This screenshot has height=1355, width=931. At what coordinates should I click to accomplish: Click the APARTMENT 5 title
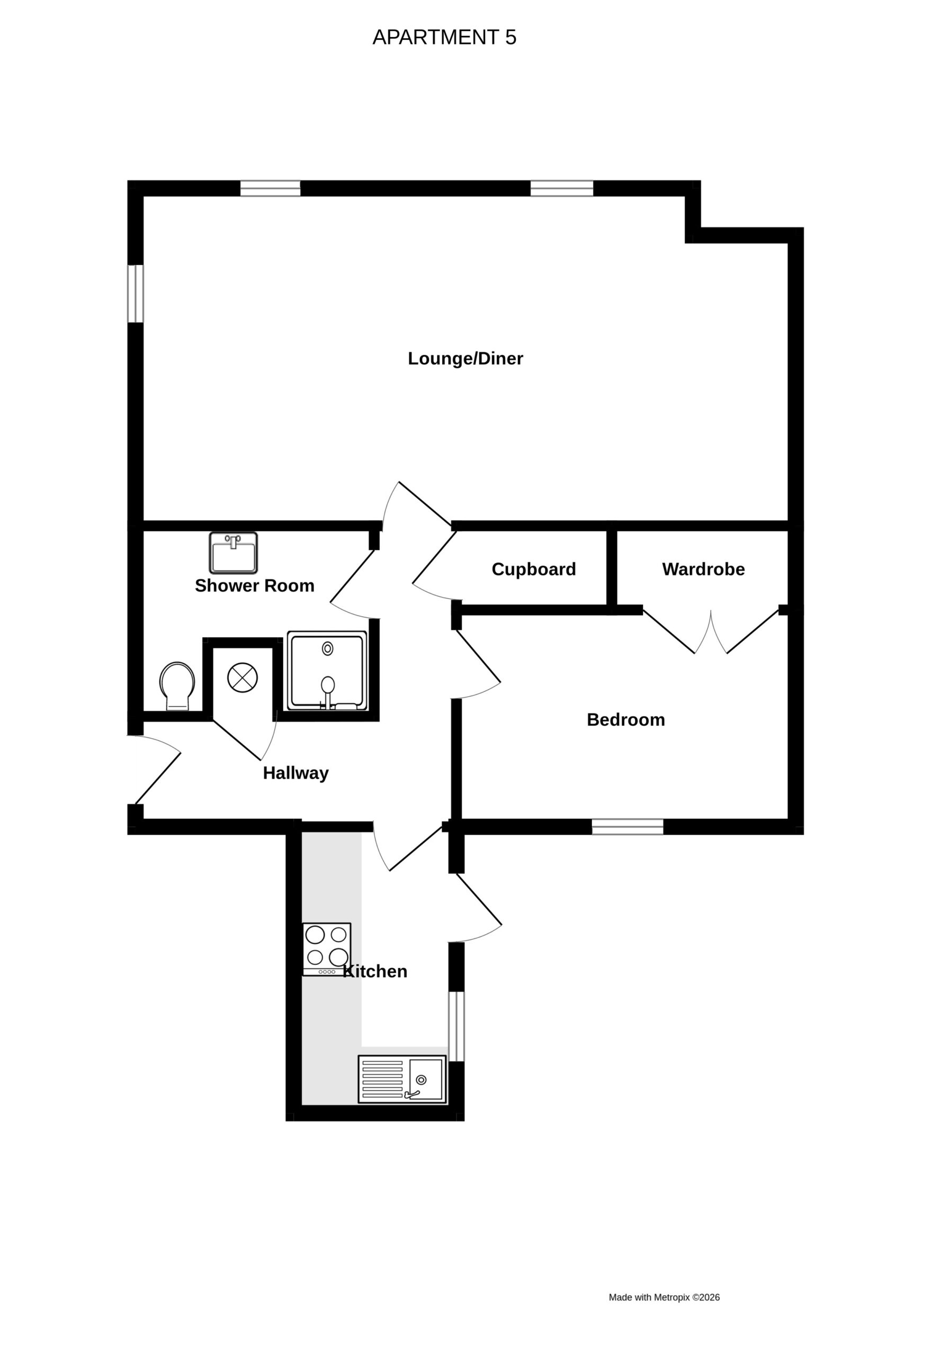click(x=444, y=37)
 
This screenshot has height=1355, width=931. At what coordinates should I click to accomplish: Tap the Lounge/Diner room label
click(x=465, y=358)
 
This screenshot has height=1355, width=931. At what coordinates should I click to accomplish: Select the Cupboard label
click(x=534, y=570)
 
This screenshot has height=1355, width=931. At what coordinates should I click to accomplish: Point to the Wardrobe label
click(x=703, y=569)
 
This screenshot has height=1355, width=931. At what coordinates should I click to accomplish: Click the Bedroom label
click(x=626, y=719)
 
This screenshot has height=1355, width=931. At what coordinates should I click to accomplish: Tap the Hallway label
click(x=296, y=773)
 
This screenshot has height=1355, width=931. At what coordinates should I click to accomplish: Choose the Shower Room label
click(x=254, y=585)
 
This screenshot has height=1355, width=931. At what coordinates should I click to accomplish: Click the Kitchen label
click(x=375, y=971)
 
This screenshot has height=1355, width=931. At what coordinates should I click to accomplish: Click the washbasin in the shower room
click(x=234, y=553)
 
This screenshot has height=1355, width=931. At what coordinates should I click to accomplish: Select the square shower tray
click(x=327, y=671)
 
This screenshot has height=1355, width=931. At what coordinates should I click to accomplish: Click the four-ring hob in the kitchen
click(x=327, y=948)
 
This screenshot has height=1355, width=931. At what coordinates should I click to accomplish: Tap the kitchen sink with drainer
click(x=402, y=1079)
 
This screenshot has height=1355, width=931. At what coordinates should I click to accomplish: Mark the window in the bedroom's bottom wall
click(x=628, y=826)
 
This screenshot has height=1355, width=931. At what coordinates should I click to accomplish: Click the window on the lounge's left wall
click(x=136, y=294)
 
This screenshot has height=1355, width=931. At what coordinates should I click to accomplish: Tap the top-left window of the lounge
click(x=270, y=188)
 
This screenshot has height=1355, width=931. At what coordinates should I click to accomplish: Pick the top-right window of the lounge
click(x=562, y=188)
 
